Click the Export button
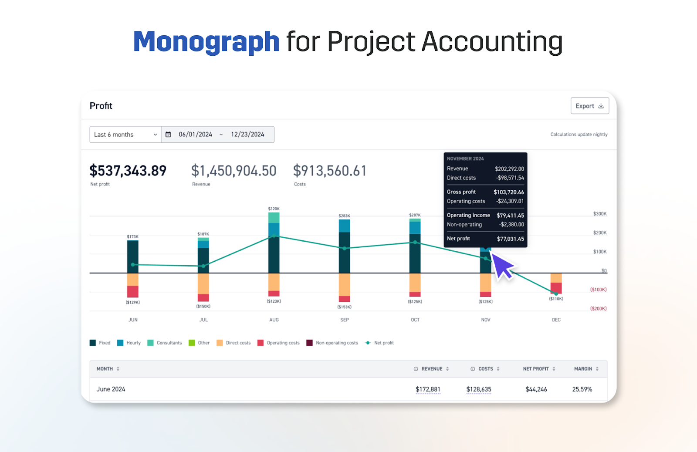[589, 106]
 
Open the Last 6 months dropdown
[125, 135]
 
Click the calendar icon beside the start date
[169, 135]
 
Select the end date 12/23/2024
[247, 135]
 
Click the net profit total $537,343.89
[128, 171]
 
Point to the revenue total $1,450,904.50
[233, 171]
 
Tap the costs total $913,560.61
[330, 171]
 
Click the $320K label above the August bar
[274, 209]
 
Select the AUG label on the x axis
[274, 320]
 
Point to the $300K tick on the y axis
[599, 214]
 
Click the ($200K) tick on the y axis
[598, 309]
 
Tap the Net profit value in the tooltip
[510, 239]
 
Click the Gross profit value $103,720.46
[508, 192]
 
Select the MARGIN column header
[583, 369]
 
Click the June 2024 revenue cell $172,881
[428, 389]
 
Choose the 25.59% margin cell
[582, 389]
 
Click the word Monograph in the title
[206, 42]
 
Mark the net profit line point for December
[556, 294]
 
